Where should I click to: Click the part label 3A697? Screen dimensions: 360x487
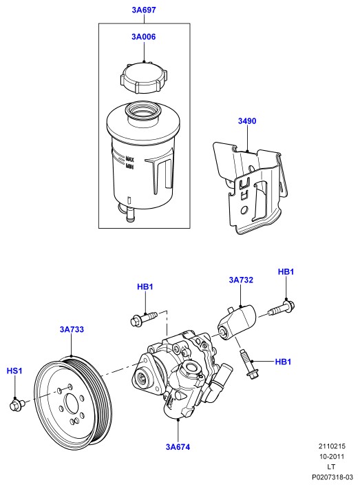[144, 10]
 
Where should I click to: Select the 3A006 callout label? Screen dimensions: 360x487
[144, 37]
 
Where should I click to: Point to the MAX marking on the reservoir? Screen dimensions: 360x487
[129, 159]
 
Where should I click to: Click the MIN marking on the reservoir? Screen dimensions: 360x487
[129, 167]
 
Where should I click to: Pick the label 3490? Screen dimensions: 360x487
[247, 121]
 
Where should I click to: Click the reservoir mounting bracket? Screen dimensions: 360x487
[251, 187]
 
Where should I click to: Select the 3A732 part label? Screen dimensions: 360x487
[241, 280]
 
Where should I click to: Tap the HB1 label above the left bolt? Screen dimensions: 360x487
[145, 287]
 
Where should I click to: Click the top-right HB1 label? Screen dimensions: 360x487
[286, 272]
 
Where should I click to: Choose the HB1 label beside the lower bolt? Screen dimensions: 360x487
[283, 362]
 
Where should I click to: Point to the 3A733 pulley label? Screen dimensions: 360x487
[72, 329]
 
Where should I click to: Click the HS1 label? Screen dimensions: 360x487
[14, 371]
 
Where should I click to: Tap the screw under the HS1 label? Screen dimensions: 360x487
[17, 405]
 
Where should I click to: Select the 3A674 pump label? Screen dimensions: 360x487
[178, 447]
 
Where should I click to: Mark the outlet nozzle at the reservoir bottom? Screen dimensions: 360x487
[130, 215]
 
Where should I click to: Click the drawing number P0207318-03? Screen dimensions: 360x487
[332, 477]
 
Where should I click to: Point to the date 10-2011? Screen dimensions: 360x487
[332, 457]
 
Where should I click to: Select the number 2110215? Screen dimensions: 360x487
[332, 446]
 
